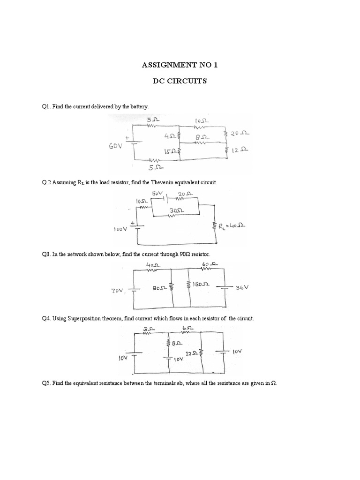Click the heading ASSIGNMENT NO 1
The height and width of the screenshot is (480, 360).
(x=180, y=65)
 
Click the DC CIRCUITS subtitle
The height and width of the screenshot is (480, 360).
(x=180, y=81)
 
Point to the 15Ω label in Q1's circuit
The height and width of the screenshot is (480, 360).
(x=170, y=151)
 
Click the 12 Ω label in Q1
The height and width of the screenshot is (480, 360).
(x=239, y=151)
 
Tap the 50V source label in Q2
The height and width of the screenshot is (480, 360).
(x=157, y=193)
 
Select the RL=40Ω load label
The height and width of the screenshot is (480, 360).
(x=233, y=226)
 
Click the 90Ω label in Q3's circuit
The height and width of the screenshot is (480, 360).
(x=154, y=288)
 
